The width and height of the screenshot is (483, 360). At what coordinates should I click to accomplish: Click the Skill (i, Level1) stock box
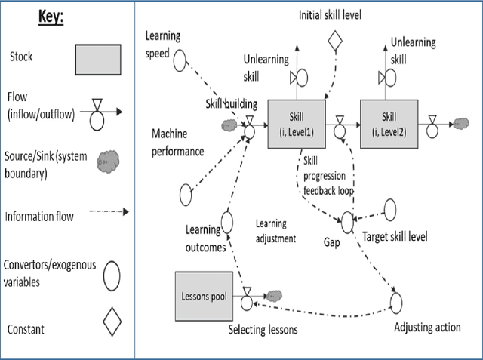pos(297,122)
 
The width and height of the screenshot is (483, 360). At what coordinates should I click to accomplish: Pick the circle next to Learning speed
pos(180,60)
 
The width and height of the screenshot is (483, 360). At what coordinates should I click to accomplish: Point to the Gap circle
pos(347,221)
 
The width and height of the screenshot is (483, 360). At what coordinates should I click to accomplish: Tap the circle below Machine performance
pos(186,194)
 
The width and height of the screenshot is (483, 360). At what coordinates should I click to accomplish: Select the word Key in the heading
pos(51,18)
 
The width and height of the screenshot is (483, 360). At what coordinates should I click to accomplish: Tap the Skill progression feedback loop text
pos(325,175)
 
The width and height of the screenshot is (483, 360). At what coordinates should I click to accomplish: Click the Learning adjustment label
pos(275,232)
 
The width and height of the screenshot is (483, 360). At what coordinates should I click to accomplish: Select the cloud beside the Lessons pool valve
pos(272,295)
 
